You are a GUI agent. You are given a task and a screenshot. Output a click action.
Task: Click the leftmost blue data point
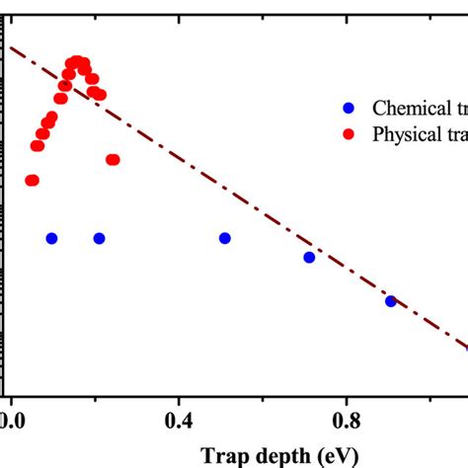[x=51, y=238]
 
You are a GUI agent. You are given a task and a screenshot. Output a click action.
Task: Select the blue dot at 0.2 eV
[x=99, y=238]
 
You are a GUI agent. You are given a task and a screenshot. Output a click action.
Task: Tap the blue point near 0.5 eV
[x=225, y=238]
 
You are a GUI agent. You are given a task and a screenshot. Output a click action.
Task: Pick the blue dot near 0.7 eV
[x=309, y=257]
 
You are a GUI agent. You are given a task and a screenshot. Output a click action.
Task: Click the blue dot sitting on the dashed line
[x=391, y=301]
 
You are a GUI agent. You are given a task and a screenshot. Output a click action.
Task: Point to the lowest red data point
[x=32, y=180]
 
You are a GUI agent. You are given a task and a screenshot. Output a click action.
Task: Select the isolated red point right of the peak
[x=113, y=160]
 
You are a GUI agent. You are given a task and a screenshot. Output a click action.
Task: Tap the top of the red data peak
[x=75, y=61]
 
